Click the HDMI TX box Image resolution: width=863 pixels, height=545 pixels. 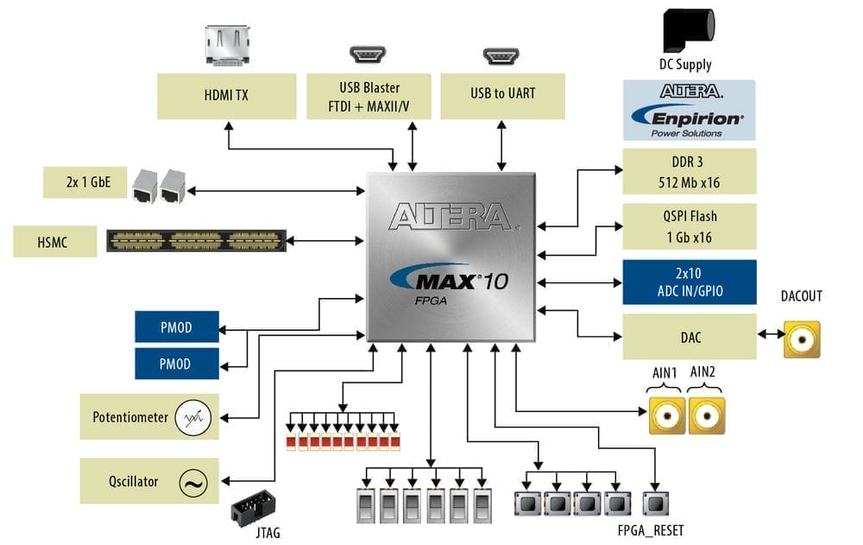point(226,96)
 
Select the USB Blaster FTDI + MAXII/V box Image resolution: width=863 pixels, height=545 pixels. point(369,96)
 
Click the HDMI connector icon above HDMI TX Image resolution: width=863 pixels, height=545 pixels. point(227,45)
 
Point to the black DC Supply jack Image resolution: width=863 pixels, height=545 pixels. point(687,31)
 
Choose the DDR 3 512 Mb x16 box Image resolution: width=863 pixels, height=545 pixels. point(689,171)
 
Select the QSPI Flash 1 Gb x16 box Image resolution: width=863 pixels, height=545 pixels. point(689,226)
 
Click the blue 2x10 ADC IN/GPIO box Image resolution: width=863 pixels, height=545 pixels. point(689,282)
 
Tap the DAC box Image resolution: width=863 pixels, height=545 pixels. point(689,336)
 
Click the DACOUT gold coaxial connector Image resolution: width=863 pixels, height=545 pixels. point(802,339)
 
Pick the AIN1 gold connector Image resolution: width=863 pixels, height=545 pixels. point(667,415)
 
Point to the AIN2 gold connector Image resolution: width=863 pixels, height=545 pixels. point(706,415)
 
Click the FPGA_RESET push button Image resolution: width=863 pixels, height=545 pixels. point(656,504)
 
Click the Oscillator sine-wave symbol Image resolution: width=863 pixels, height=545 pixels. point(192,483)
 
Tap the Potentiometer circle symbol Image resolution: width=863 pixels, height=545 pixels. point(192,418)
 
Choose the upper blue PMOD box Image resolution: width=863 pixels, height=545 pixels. point(176,327)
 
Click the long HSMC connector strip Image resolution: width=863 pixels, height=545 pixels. point(196,241)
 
